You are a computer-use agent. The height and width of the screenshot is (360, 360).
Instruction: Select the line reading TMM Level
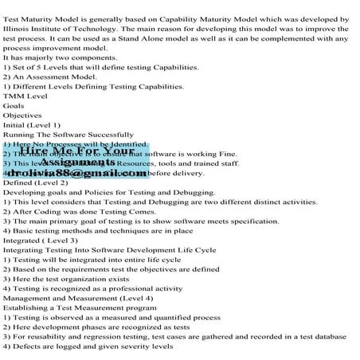tap(25, 96)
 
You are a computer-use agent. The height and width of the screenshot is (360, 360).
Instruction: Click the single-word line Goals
tap(14, 106)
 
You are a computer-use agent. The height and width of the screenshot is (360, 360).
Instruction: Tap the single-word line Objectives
tap(22, 115)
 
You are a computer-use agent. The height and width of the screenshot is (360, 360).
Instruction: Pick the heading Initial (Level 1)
tap(32, 125)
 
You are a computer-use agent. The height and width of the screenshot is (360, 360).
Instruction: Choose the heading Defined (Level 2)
tap(34, 182)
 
